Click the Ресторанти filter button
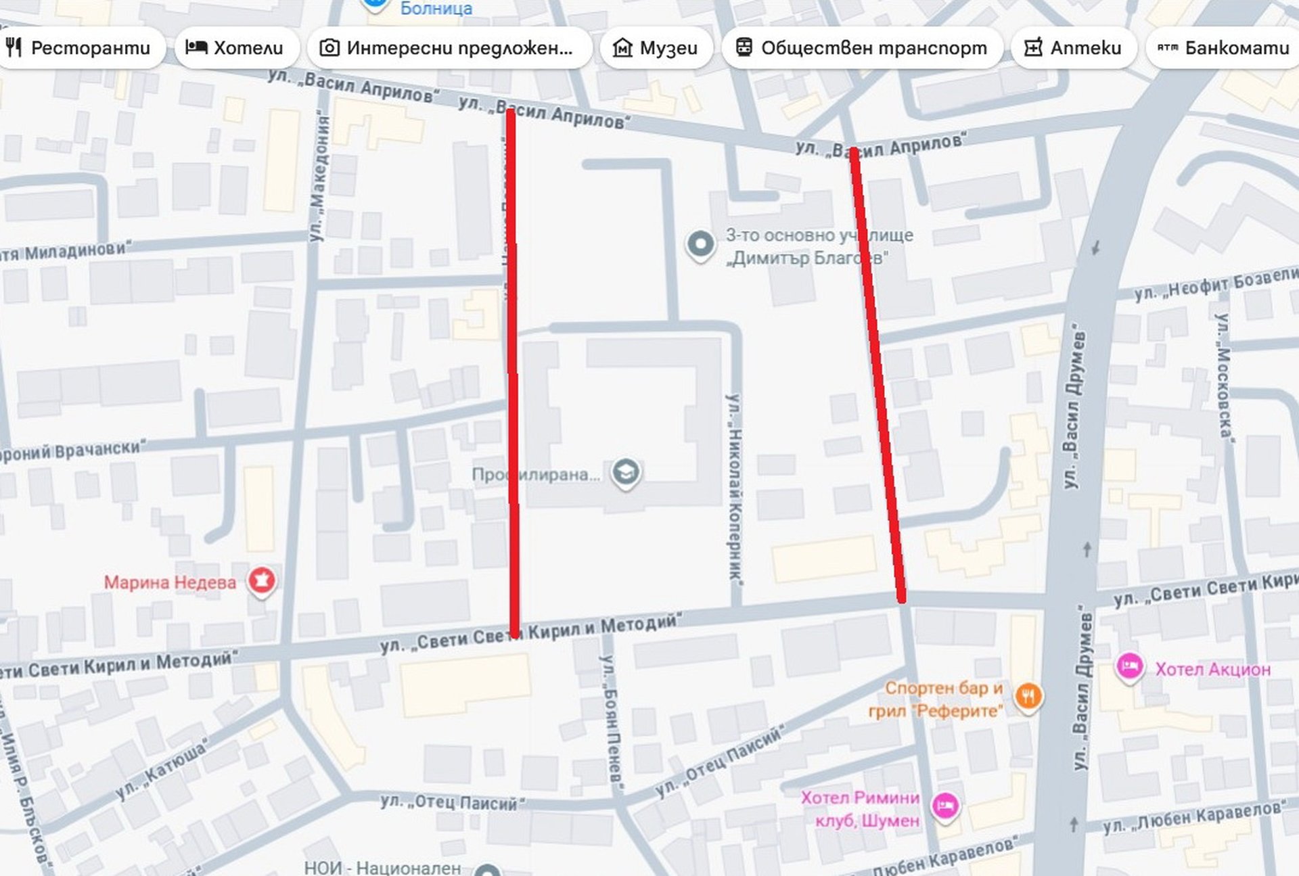[x=79, y=48]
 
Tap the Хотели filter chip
[x=235, y=48]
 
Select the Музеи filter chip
[x=655, y=48]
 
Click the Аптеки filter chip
[x=1073, y=48]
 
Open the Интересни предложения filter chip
[x=449, y=48]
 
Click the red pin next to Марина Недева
[x=262, y=580]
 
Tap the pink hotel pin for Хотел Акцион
[x=1129, y=667]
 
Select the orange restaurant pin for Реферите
[x=1028, y=696]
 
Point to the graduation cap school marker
[x=626, y=472]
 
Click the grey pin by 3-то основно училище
[x=700, y=244]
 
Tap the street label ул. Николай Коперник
[x=735, y=487]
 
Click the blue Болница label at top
[x=436, y=9]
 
